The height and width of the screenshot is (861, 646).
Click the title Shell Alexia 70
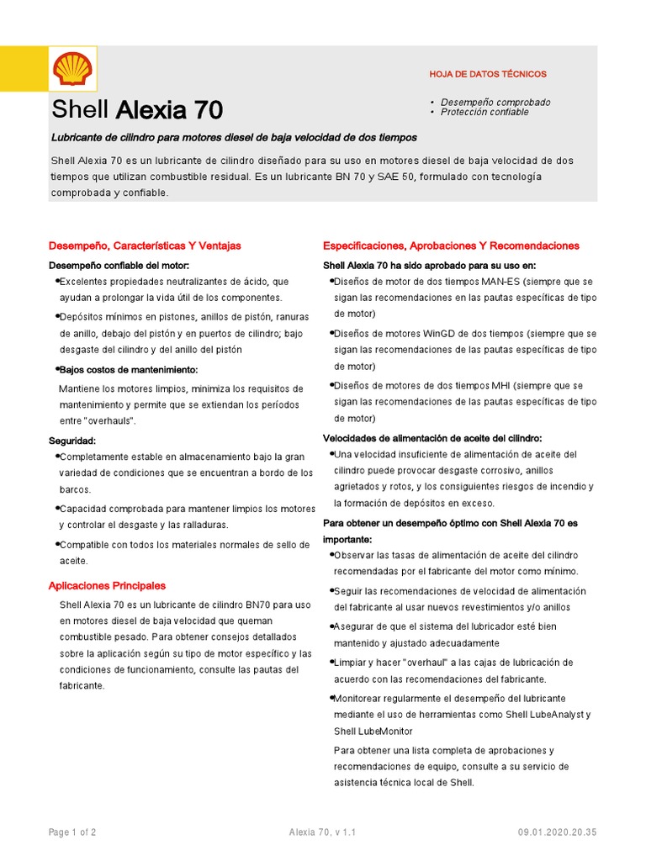click(137, 110)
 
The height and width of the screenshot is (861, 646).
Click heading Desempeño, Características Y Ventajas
click(145, 246)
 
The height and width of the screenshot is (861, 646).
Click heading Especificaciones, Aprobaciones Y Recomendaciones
click(451, 246)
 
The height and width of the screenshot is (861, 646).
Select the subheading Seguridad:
click(72, 441)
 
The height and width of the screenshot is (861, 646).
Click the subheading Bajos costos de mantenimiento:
click(128, 370)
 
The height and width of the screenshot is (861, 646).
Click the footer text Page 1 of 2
click(72, 832)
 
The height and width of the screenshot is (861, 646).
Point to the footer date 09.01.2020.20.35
click(558, 832)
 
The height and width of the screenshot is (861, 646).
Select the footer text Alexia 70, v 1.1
click(322, 832)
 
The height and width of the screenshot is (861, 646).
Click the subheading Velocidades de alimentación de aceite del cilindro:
click(432, 438)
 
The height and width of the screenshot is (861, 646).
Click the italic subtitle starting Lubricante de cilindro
click(234, 137)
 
